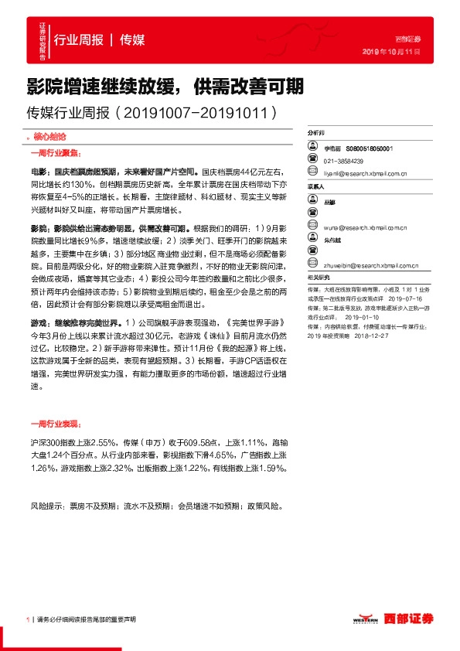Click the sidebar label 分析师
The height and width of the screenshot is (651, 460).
point(317,133)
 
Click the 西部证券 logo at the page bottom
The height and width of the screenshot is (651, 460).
point(407,619)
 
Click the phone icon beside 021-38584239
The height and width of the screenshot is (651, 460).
point(312,161)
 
